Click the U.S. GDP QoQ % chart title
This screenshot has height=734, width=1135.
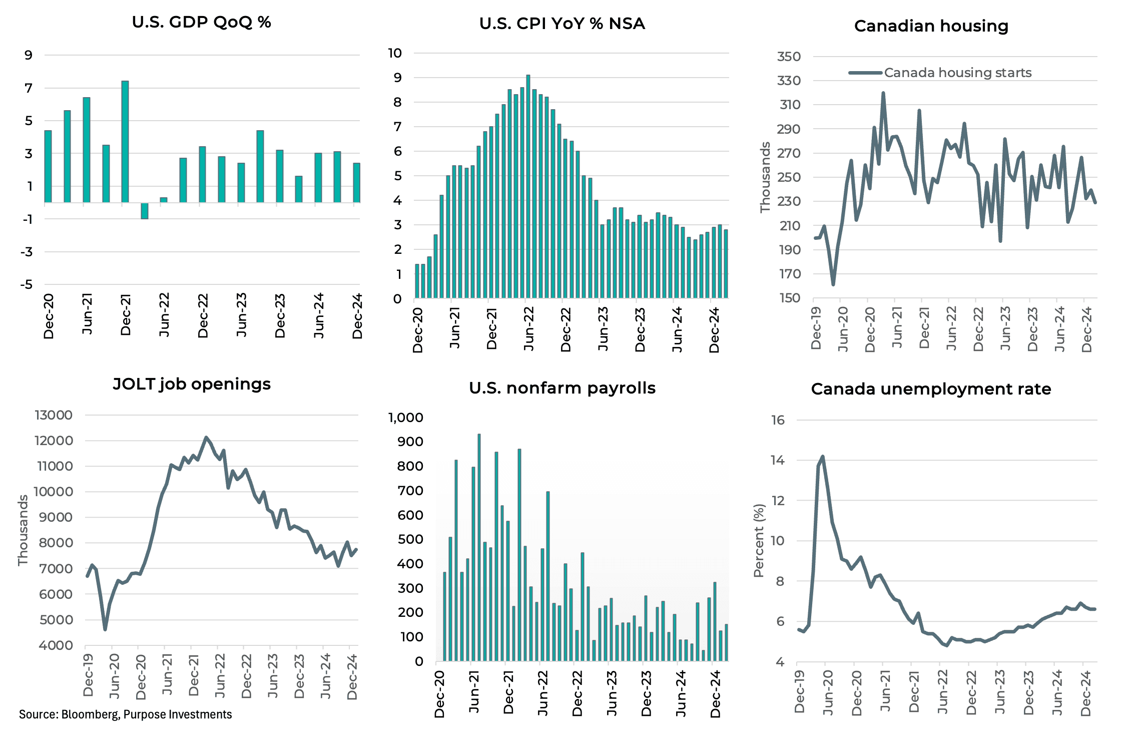201,23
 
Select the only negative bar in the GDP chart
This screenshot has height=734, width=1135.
145,211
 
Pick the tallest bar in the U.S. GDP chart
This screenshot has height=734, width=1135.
125,141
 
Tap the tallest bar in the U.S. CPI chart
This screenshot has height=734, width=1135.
528,186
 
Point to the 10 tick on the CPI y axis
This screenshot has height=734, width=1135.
395,53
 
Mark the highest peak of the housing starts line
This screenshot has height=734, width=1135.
883,94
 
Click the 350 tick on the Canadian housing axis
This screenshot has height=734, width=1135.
789,57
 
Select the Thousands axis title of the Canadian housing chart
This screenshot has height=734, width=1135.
765,177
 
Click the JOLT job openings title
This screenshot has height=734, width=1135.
192,384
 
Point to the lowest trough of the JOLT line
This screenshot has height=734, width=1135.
105,629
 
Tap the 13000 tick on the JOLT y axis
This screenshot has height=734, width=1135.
54,415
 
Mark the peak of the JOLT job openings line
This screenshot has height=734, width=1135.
206,438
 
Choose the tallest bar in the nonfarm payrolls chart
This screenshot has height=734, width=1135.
479,547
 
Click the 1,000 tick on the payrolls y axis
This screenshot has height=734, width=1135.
406,418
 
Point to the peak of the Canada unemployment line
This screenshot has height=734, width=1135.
823,457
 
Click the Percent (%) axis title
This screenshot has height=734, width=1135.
759,541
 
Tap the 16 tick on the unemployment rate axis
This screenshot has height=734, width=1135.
778,420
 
